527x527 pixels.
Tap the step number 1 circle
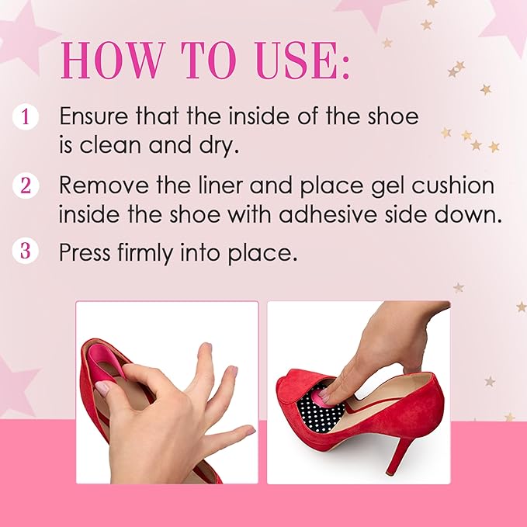click(26, 117)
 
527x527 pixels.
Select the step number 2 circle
click(26, 186)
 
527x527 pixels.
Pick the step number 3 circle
click(26, 252)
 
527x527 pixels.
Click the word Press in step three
click(85, 253)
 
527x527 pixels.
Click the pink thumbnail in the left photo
click(102, 387)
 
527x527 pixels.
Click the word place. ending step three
click(269, 254)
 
